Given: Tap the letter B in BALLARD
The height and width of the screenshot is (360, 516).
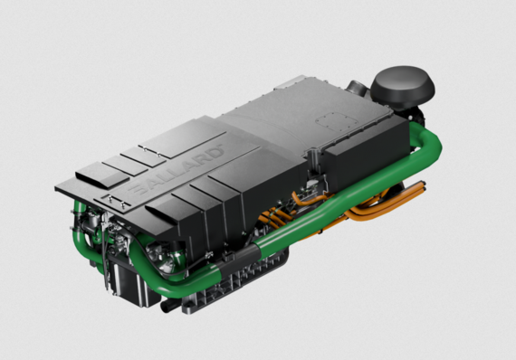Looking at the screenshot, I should [135, 193].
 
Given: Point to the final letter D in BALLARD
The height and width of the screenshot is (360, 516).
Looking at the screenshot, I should [216, 147].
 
